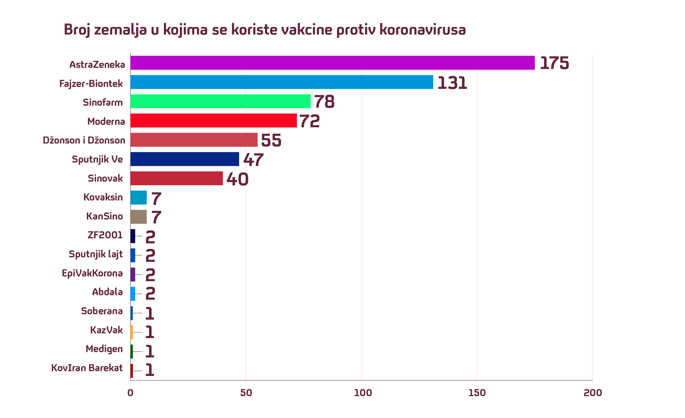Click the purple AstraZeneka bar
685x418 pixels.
[332, 63]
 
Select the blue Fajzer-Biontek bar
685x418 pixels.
[282, 82]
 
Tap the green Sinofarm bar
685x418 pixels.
[220, 101]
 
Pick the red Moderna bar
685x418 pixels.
[213, 121]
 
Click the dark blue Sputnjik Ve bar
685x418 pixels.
[185, 159]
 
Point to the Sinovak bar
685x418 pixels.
[177, 178]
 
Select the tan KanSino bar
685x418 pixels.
[138, 217]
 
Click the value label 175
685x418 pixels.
[554, 63]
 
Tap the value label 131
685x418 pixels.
[452, 83]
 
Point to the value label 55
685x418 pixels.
[271, 140]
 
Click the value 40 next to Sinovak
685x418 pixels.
[237, 179]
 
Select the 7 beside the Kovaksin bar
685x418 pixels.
[156, 198]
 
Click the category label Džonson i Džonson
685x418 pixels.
[84, 140]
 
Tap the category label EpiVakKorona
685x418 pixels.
[92, 273]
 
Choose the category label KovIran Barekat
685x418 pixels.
[87, 368]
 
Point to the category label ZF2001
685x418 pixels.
[105, 235]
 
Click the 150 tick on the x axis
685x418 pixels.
[477, 393]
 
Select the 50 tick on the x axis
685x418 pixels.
[246, 393]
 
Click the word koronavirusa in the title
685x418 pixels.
[422, 29]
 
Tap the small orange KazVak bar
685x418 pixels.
[132, 332]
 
